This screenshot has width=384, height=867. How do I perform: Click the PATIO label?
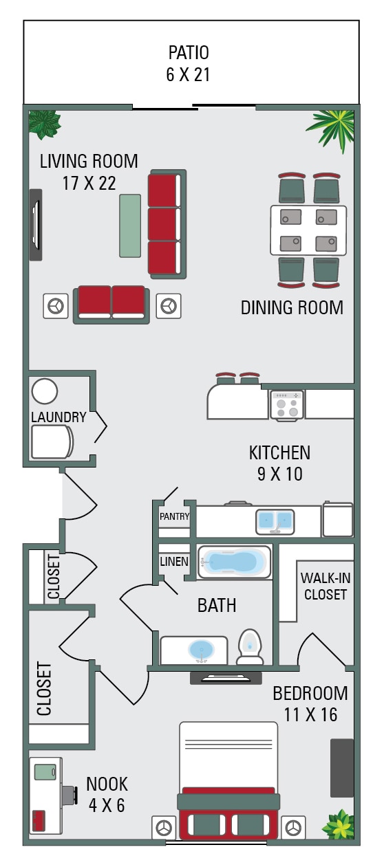188,52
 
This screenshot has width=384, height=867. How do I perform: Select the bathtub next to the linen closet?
234,562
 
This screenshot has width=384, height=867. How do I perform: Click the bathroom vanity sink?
201,649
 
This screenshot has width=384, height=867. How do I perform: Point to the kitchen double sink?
275,521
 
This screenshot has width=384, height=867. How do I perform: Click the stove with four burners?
286,404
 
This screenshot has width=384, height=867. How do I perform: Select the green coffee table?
130,226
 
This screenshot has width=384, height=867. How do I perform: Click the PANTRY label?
174,516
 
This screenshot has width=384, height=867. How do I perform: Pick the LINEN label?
174,562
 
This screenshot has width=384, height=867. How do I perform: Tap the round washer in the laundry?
45,391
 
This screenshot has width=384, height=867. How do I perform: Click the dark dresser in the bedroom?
342,767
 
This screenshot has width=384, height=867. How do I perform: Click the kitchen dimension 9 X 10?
279,474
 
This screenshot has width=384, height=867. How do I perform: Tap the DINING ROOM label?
292,307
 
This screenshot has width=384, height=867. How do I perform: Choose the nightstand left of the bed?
164,827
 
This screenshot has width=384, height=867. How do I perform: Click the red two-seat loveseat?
111,303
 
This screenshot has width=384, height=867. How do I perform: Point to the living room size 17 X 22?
88,183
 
